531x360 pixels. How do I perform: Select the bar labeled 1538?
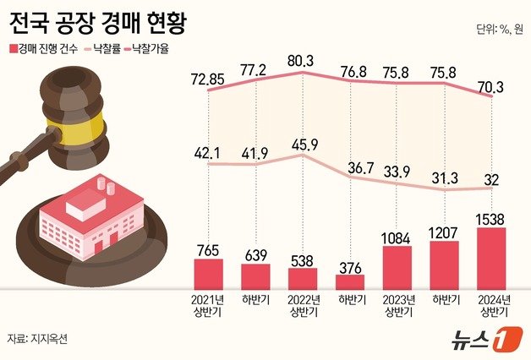click(x=491, y=259)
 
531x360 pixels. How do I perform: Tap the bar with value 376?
click(x=349, y=282)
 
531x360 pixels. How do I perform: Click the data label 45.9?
click(x=303, y=145)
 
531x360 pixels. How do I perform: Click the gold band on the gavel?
click(x=80, y=128)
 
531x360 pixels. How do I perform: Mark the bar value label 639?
click(x=255, y=254)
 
